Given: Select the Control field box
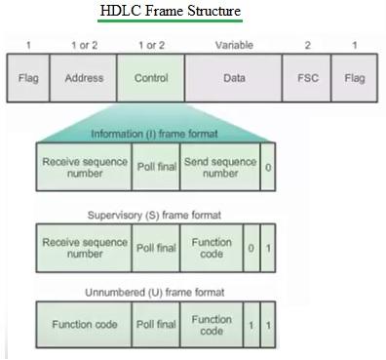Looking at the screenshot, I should click(x=150, y=78).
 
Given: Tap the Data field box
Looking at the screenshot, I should click(x=234, y=78).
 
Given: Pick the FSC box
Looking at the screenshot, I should click(x=306, y=78).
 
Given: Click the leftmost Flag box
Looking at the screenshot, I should click(x=28, y=78).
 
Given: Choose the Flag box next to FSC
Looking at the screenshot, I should click(x=355, y=78).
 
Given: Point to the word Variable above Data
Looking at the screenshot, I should click(x=234, y=45).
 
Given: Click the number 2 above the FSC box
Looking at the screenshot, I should click(x=307, y=45).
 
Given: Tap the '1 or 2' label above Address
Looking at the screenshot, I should click(x=83, y=45).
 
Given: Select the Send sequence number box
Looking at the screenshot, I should click(x=220, y=167).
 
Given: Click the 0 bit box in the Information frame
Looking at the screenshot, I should click(x=268, y=167).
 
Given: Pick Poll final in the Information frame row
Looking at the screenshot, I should click(x=155, y=167).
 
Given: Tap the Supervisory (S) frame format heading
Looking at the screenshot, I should click(x=155, y=214).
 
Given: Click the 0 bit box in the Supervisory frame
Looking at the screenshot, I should click(x=251, y=248).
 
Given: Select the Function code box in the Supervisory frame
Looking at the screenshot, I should click(x=212, y=248).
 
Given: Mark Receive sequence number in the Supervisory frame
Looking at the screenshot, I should click(x=84, y=248).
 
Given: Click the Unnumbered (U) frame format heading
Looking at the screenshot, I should click(x=155, y=292).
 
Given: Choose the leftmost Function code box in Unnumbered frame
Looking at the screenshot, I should click(x=84, y=325).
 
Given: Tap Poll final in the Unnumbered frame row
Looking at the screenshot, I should click(x=155, y=325).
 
